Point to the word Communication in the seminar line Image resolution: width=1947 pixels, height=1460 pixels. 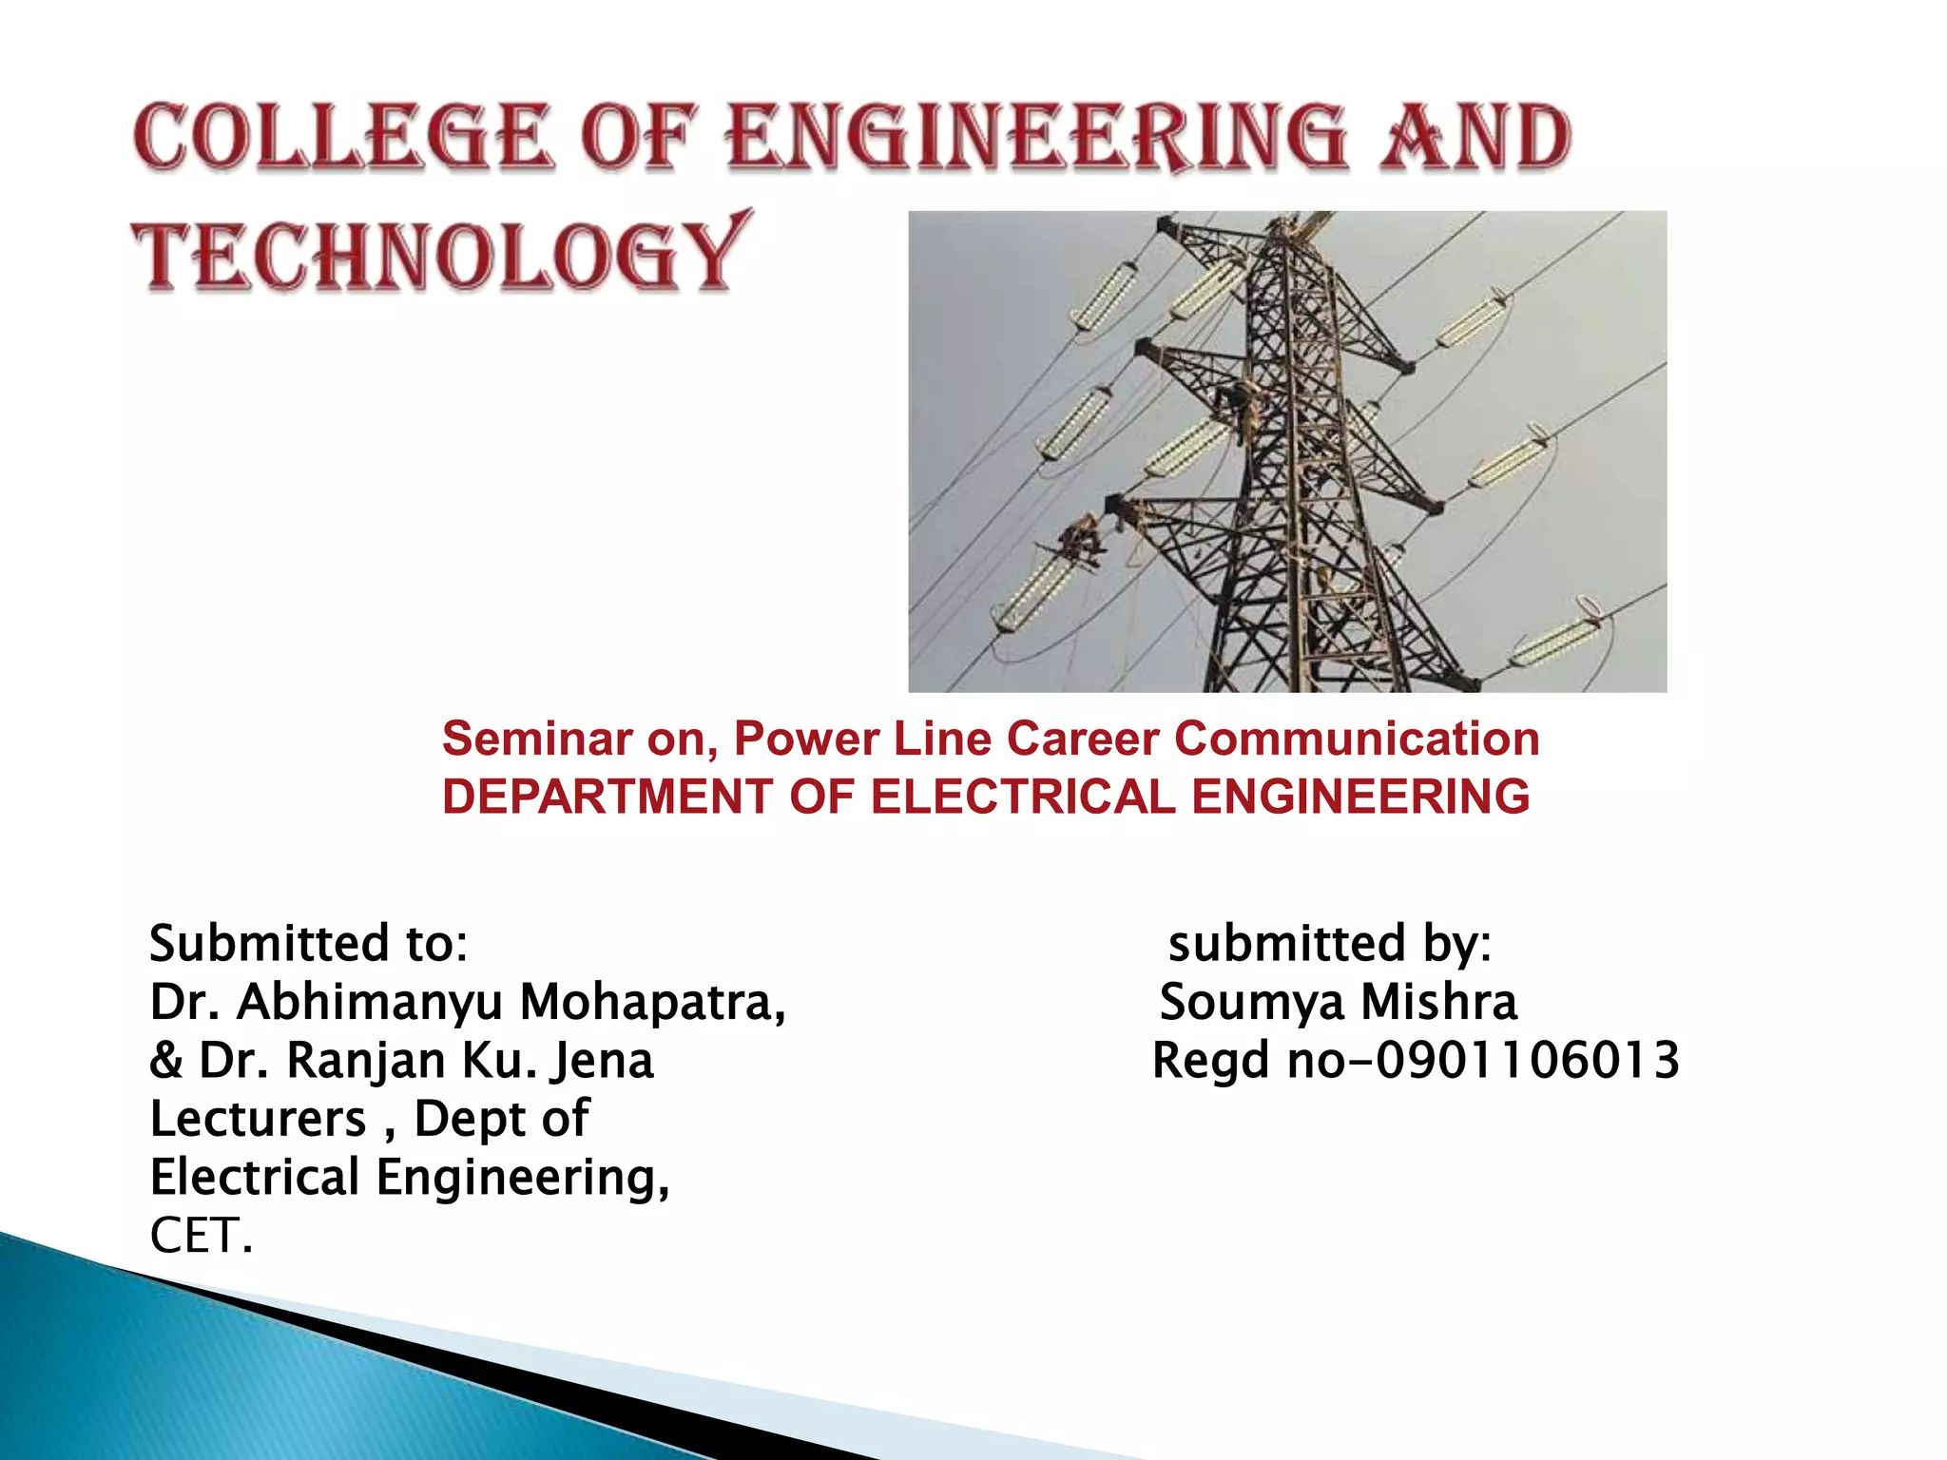pos(1357,739)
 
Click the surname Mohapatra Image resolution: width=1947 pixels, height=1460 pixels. pos(652,1002)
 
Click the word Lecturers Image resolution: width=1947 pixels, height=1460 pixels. pos(258,1119)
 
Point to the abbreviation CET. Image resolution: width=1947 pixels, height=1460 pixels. pos(201,1236)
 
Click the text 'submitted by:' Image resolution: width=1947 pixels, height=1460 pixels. pos(1329,943)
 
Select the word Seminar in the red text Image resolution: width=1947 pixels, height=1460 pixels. pos(537,739)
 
